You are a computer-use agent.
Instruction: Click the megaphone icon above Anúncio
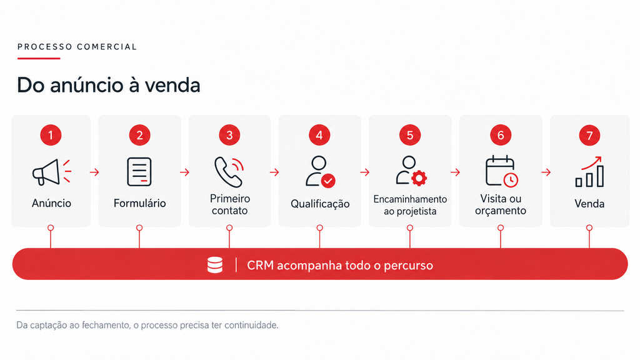pos(51,172)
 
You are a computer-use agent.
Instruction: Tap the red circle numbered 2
pos(139,135)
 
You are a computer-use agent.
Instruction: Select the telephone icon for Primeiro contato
pos(229,172)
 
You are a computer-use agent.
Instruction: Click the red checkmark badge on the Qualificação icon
pos(327,181)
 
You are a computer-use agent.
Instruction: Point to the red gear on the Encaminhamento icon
pos(419,178)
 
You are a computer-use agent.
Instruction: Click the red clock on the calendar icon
pos(510,180)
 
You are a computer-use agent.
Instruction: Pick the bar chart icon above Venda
pos(590,172)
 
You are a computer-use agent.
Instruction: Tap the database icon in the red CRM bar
pos(215,265)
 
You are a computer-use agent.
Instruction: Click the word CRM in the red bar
pos(260,265)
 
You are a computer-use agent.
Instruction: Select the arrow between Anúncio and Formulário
pos(94,172)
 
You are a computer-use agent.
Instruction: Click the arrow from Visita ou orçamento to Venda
pos(546,172)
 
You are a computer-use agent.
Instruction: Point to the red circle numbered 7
pos(589,135)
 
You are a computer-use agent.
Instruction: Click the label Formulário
pos(139,203)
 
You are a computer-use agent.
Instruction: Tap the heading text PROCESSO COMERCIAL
pos(77,47)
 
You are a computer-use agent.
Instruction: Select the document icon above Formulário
pos(139,172)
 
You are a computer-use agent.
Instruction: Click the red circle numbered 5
pos(410,135)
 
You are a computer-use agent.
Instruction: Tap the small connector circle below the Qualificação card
pos(319,227)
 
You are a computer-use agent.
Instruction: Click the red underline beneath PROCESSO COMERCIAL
pos(39,58)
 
